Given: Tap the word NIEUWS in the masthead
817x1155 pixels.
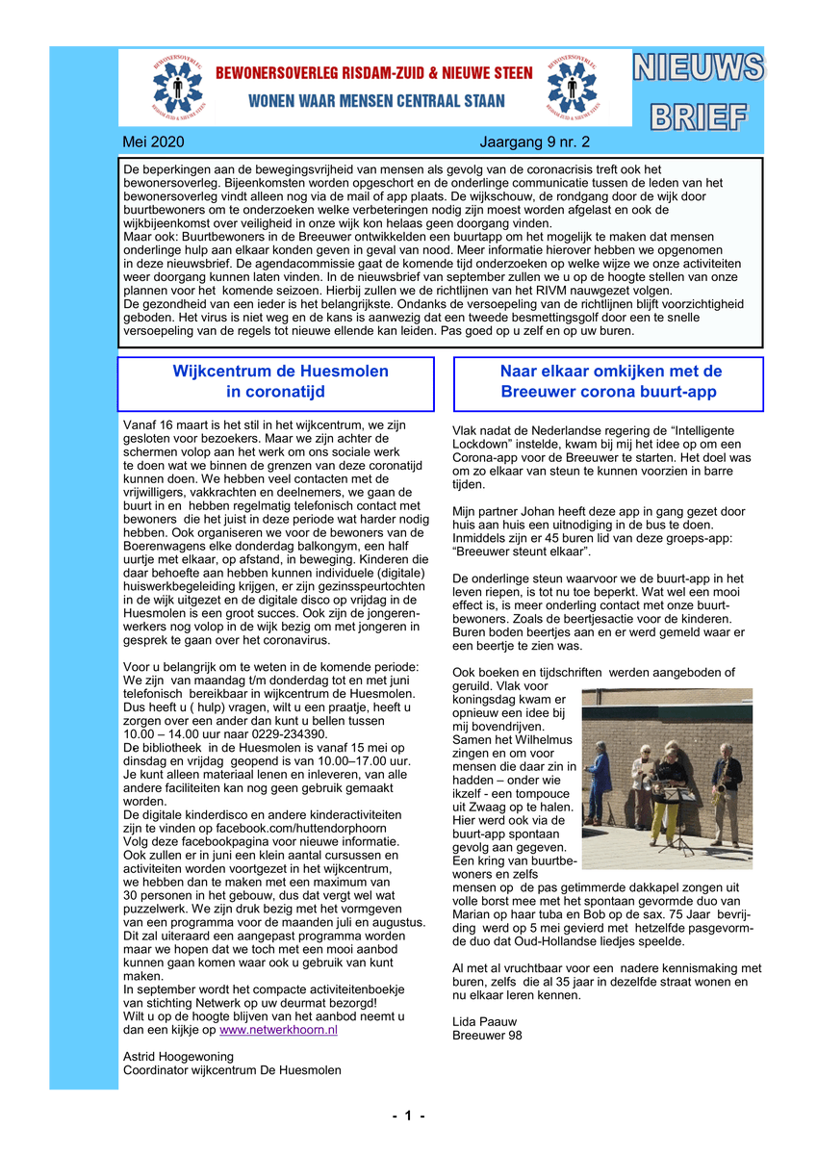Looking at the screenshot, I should [x=699, y=68].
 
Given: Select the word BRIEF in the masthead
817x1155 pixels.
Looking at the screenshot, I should [x=699, y=115].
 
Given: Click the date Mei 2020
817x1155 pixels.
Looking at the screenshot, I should [x=153, y=142].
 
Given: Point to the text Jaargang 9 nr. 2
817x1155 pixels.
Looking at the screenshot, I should [x=534, y=142].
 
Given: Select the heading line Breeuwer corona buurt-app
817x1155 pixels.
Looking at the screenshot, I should [x=608, y=392].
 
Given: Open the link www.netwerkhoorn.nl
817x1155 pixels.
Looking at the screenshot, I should [x=278, y=1029].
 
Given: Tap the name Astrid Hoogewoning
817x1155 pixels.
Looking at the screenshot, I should [x=179, y=1056].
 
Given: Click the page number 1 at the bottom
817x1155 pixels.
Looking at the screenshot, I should [x=408, y=1116].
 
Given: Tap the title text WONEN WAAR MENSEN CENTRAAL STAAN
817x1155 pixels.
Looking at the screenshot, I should [x=376, y=101].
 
